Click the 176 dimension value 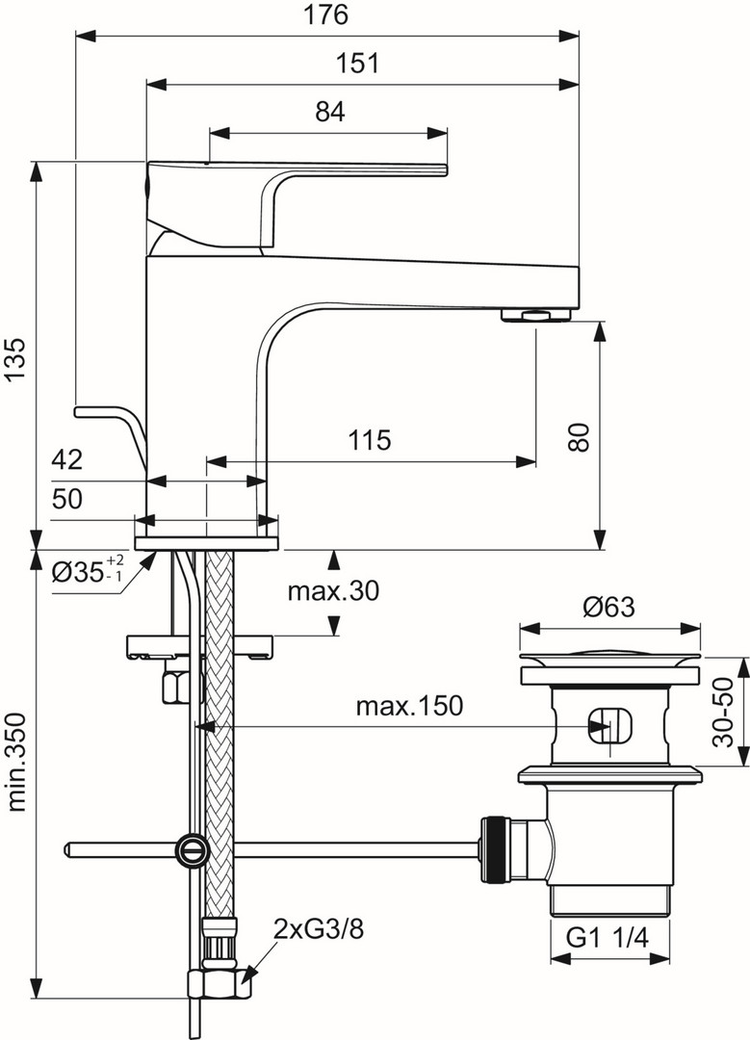326,15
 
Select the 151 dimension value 359,64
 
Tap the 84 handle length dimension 329,112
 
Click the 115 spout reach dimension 369,441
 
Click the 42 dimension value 66,459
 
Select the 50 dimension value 66,499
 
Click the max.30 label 332,591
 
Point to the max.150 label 409,706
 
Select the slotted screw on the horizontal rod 190,848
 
